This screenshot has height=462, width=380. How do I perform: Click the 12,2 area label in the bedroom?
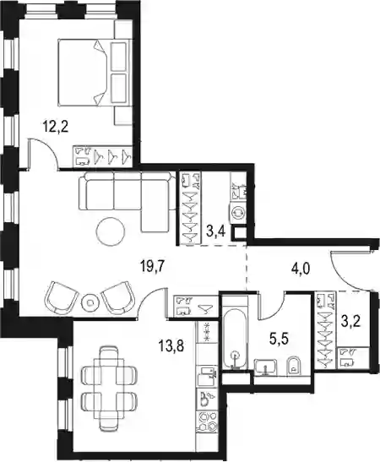(x=56, y=128)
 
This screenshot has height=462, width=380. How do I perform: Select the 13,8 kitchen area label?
(x=171, y=345)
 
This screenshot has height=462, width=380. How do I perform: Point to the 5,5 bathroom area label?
(x=279, y=340)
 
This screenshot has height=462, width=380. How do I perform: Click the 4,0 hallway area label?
(x=301, y=269)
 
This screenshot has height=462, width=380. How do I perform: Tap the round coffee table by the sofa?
(x=111, y=231)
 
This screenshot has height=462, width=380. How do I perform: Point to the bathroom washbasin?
(x=265, y=367)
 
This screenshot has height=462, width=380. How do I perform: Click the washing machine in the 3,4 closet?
(x=238, y=213)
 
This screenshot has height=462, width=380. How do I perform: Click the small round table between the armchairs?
(x=90, y=302)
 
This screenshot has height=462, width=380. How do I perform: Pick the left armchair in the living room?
(x=61, y=297)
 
